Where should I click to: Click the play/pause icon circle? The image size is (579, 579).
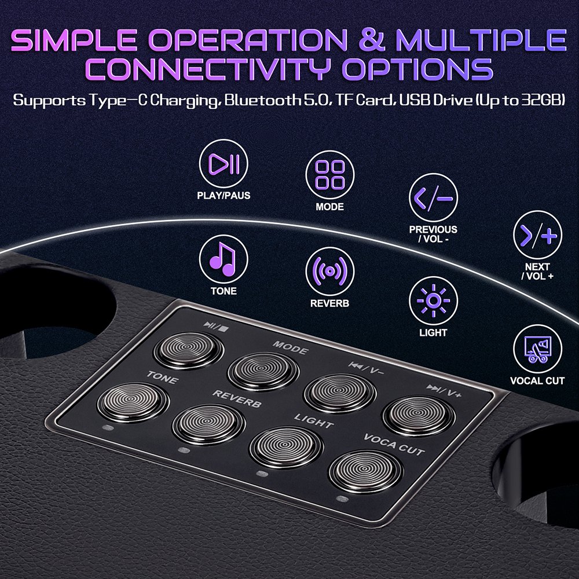(x=223, y=164)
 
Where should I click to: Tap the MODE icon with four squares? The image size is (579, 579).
(x=330, y=175)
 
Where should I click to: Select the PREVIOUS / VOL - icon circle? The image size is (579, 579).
(x=433, y=197)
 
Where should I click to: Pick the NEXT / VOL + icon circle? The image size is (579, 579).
(x=537, y=235)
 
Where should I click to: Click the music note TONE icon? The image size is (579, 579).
(x=223, y=259)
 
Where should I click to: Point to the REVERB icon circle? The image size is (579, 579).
(x=330, y=272)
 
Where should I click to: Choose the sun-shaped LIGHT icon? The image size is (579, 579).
(x=433, y=301)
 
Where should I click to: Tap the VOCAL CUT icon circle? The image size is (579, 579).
(x=537, y=349)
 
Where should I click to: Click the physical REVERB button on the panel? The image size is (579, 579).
(x=208, y=424)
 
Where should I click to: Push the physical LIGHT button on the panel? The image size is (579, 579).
(x=286, y=447)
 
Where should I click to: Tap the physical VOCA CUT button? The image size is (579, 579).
(x=365, y=471)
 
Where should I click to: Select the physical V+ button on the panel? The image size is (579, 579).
(x=419, y=416)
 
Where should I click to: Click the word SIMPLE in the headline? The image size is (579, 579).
(x=74, y=40)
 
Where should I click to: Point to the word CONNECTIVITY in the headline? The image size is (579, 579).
(x=207, y=69)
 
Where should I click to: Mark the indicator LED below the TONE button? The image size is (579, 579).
(x=108, y=428)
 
